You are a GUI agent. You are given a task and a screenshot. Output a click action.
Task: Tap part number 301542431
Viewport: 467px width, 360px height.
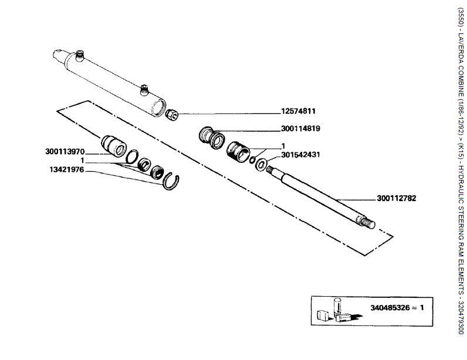300,155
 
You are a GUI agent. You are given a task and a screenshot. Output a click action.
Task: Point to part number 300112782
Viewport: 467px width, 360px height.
397,198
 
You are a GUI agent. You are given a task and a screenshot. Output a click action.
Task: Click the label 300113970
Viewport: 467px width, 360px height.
65,151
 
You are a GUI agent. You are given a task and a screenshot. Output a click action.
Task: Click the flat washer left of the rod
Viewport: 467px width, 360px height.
260,162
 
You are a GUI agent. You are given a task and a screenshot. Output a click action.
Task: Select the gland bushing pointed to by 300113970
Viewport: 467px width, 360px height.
113,145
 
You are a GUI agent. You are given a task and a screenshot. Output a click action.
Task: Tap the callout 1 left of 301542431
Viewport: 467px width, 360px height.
283,146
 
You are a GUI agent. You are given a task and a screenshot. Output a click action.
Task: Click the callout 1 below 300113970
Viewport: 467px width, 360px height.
83,160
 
